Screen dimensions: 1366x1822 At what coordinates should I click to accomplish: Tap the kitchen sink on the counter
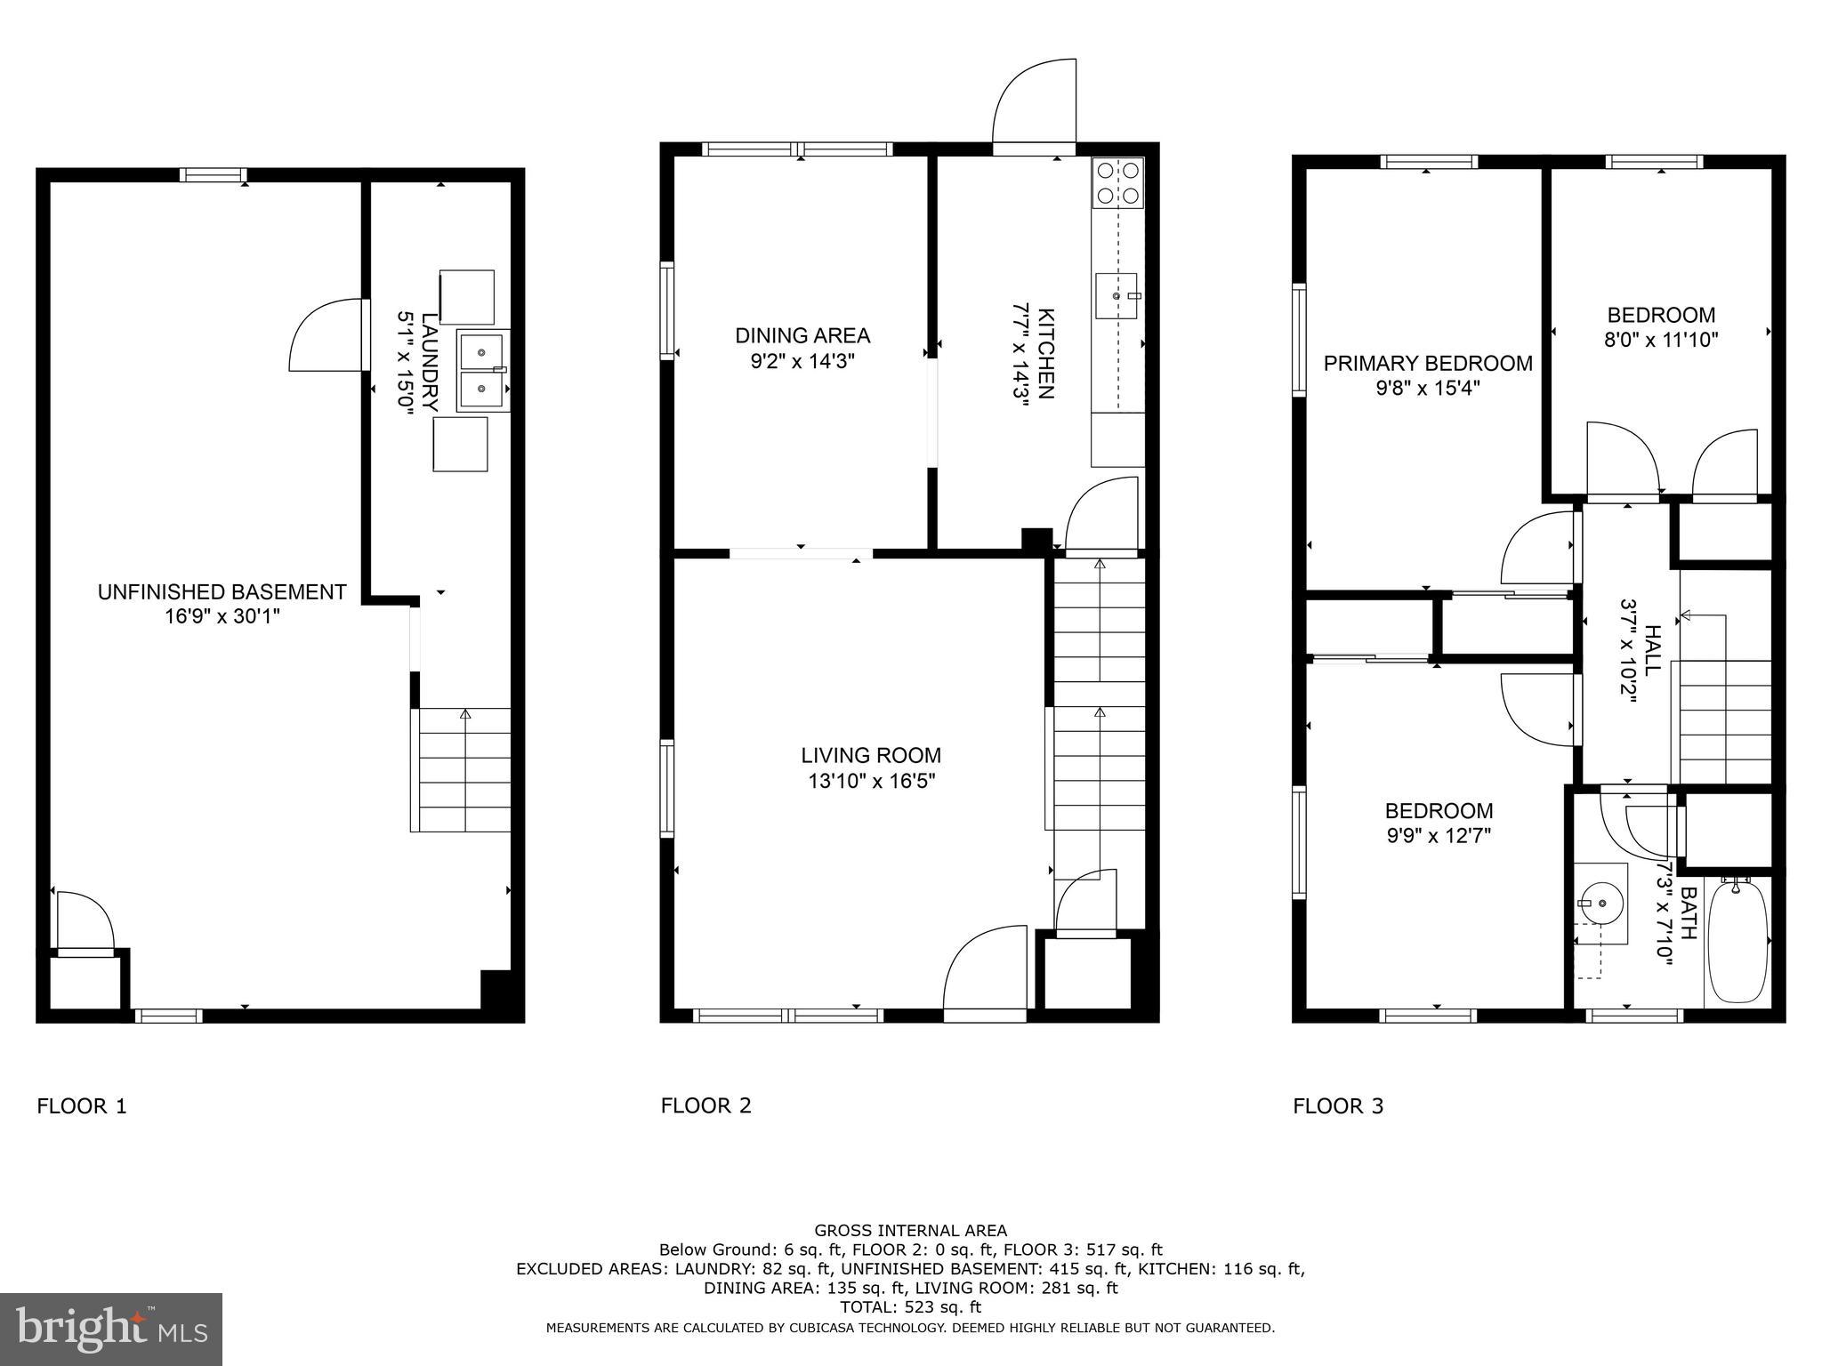pos(1117,296)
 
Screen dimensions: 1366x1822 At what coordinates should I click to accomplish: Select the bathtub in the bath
pos(1737,941)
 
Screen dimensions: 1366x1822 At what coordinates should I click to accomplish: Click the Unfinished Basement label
pos(222,592)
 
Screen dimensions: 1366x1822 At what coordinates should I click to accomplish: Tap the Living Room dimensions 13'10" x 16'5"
pos(871,781)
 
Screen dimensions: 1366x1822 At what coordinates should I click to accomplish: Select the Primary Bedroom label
pos(1428,363)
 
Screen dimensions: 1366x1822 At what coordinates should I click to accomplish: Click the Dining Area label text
pos(802,335)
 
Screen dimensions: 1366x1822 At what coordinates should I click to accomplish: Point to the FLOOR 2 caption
pos(705,1105)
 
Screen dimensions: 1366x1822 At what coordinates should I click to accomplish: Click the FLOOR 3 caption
pos(1338,1106)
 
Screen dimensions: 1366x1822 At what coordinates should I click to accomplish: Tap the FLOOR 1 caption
pos(82,1106)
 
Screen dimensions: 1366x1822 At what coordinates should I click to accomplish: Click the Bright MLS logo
pos(111,1329)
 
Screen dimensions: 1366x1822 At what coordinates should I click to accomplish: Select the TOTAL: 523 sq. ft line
pos(910,1307)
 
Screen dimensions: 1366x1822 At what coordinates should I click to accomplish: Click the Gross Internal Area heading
pos(910,1231)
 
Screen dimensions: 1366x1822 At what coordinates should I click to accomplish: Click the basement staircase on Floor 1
pos(461,769)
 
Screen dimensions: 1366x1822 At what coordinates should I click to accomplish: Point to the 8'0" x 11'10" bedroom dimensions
pos(1661,339)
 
